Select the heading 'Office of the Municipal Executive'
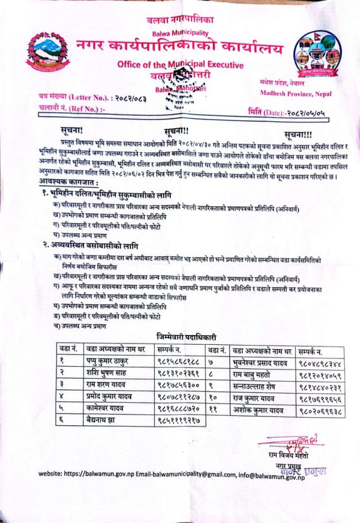(x=179, y=65)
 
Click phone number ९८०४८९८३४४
(x=322, y=363)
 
